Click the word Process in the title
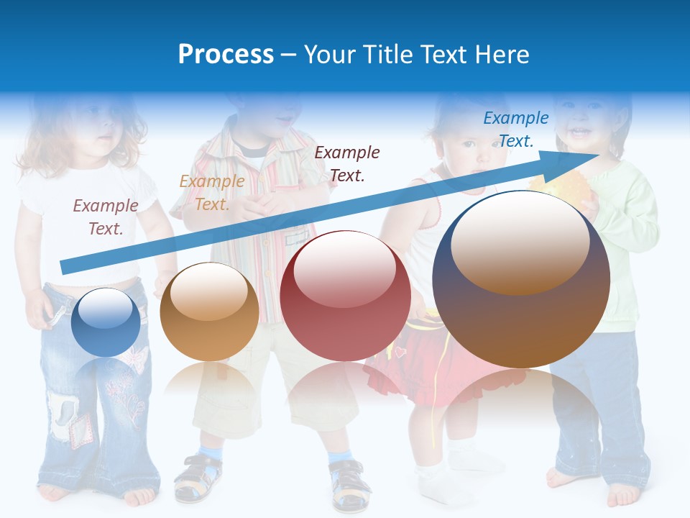(226, 55)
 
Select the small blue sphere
(106, 322)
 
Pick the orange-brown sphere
(209, 312)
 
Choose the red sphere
(345, 296)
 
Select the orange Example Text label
(211, 193)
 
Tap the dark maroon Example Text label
(347, 163)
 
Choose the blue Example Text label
(515, 129)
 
